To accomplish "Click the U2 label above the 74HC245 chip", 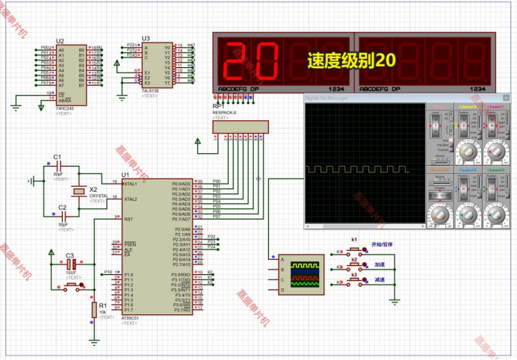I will [x=60, y=41].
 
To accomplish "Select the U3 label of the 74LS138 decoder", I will [x=146, y=38].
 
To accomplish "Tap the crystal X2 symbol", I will [x=76, y=192].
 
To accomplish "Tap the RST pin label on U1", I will [x=129, y=219].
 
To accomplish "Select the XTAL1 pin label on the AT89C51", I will [x=131, y=182].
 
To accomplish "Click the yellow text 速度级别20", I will [x=351, y=60].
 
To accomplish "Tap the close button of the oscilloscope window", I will [x=505, y=98].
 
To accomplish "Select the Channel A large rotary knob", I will [x=468, y=150].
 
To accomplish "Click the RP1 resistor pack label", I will [x=218, y=106].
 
